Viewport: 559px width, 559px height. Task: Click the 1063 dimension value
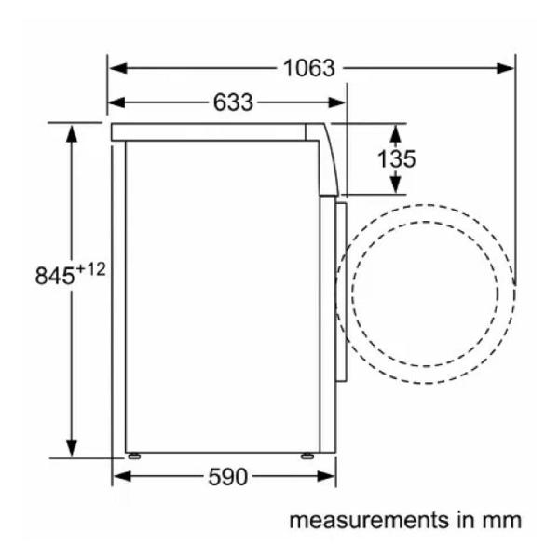pyautogui.click(x=309, y=68)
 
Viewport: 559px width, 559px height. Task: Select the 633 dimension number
pyautogui.click(x=233, y=102)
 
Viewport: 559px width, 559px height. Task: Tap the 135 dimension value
pyautogui.click(x=397, y=158)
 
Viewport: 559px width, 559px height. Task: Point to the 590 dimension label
pyautogui.click(x=228, y=477)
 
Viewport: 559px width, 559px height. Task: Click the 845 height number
pyautogui.click(x=55, y=275)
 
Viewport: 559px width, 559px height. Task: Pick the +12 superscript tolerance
pyautogui.click(x=91, y=269)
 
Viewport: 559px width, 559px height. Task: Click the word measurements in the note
pyautogui.click(x=369, y=520)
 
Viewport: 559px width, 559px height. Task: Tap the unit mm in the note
pyautogui.click(x=502, y=521)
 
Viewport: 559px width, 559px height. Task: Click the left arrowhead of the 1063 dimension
pyautogui.click(x=118, y=68)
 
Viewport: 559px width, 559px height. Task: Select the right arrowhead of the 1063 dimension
pyautogui.click(x=506, y=68)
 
